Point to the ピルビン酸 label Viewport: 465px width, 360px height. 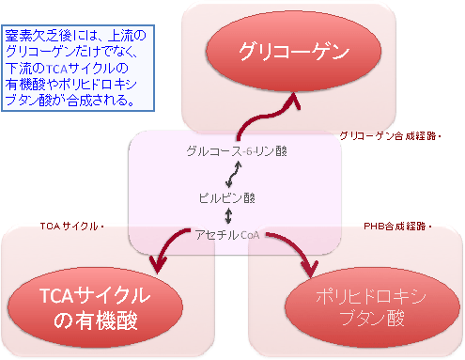tap(226, 198)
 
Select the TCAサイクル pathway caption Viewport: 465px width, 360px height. tap(70, 227)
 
